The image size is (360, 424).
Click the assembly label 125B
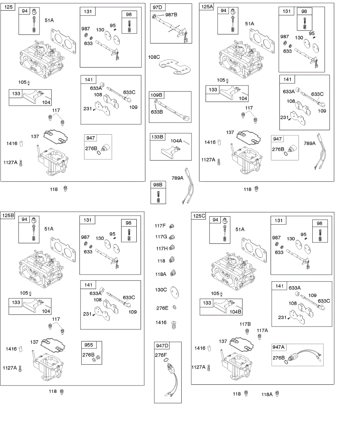(x=8, y=215)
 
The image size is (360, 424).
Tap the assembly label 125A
(x=207, y=7)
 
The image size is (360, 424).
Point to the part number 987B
(x=171, y=14)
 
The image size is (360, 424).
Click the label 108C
(x=154, y=57)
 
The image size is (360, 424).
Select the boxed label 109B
(x=157, y=95)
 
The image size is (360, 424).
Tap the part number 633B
(x=157, y=112)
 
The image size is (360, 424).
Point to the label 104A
(x=176, y=141)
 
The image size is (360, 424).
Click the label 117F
(x=160, y=226)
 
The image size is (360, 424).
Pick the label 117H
(x=162, y=248)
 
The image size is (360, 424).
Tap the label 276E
(x=162, y=308)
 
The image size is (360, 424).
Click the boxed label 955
(x=89, y=345)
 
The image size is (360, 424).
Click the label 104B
(x=235, y=312)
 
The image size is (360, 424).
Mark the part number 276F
(x=161, y=355)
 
